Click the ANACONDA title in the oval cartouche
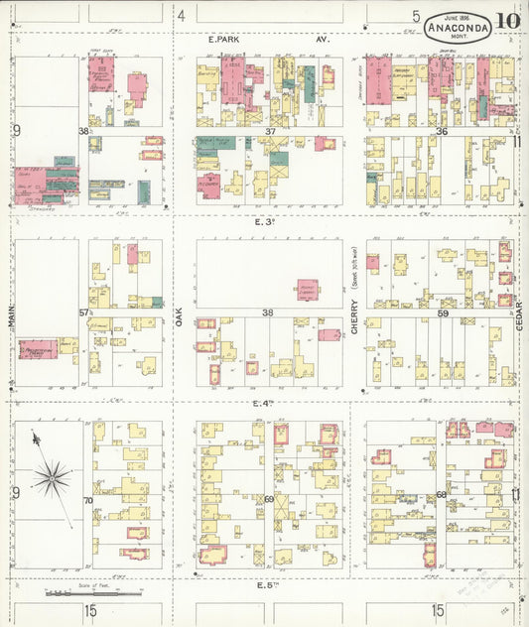[458, 28]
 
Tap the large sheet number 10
[508, 21]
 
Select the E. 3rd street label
[264, 222]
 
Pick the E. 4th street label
[263, 403]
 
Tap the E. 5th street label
[264, 585]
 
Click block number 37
[270, 132]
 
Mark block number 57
[84, 313]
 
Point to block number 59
[443, 313]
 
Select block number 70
[87, 500]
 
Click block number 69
[268, 499]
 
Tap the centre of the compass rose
[51, 477]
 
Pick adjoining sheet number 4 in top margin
[182, 15]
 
